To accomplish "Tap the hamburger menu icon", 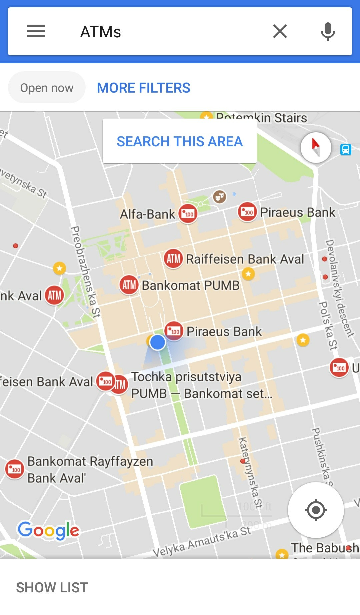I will click(x=36, y=31).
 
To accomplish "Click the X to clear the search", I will click(x=280, y=32).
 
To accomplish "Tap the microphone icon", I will click(x=328, y=32).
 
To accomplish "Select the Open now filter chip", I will click(x=47, y=88).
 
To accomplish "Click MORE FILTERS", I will click(x=143, y=88).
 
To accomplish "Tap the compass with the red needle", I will click(x=316, y=147).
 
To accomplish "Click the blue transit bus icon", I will click(x=346, y=149).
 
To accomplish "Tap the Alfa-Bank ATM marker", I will click(x=188, y=214).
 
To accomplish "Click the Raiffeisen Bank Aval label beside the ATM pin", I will click(x=245, y=259).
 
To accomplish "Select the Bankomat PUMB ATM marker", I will click(x=129, y=285).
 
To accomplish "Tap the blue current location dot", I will click(x=158, y=342).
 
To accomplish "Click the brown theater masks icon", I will click(x=219, y=197).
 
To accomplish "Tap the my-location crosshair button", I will click(x=316, y=510).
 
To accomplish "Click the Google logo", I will click(x=49, y=530).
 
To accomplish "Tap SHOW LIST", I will click(x=52, y=588).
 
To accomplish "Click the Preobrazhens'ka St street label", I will click(x=85, y=272).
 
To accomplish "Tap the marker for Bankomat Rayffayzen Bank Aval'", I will click(x=15, y=469).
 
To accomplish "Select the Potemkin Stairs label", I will click(x=261, y=118).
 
